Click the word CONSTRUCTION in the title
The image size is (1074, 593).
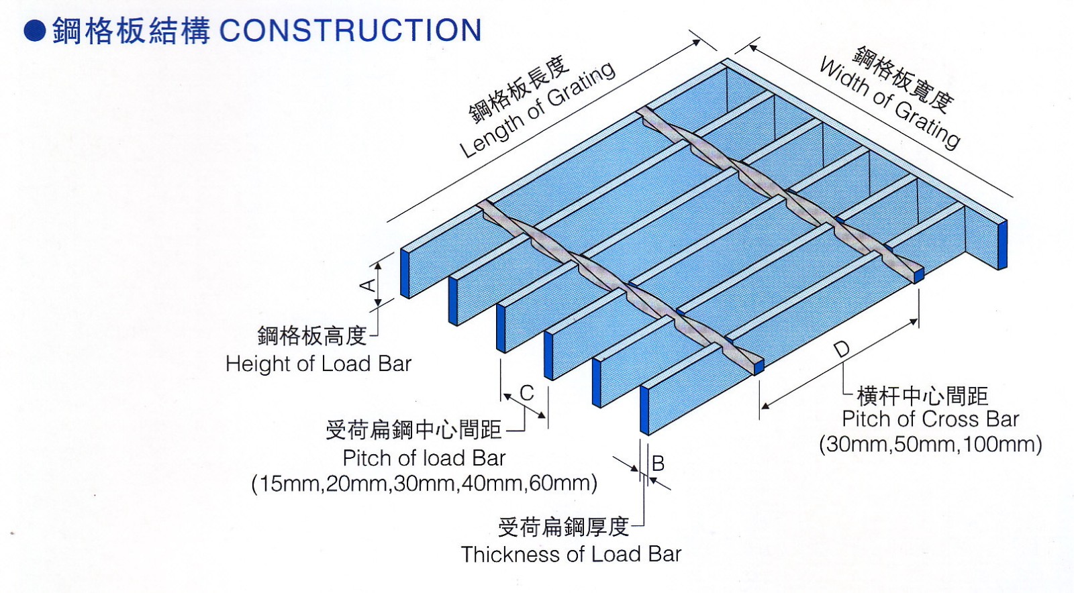(350, 31)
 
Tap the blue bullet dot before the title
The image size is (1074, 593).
(34, 31)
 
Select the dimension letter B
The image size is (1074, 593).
(658, 463)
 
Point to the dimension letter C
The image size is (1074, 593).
(527, 392)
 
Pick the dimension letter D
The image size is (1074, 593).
(841, 349)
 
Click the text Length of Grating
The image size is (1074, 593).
(537, 111)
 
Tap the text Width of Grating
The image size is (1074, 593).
(889, 104)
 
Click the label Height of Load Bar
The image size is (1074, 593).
(318, 364)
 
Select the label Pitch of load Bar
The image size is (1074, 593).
(424, 458)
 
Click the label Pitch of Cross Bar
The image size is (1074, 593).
(930, 419)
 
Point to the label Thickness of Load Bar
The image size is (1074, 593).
(571, 554)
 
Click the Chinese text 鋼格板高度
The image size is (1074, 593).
(312, 335)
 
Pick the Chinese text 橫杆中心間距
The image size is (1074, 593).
(922, 396)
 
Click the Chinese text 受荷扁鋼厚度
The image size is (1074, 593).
(563, 527)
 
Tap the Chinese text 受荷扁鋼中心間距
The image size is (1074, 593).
(413, 429)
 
